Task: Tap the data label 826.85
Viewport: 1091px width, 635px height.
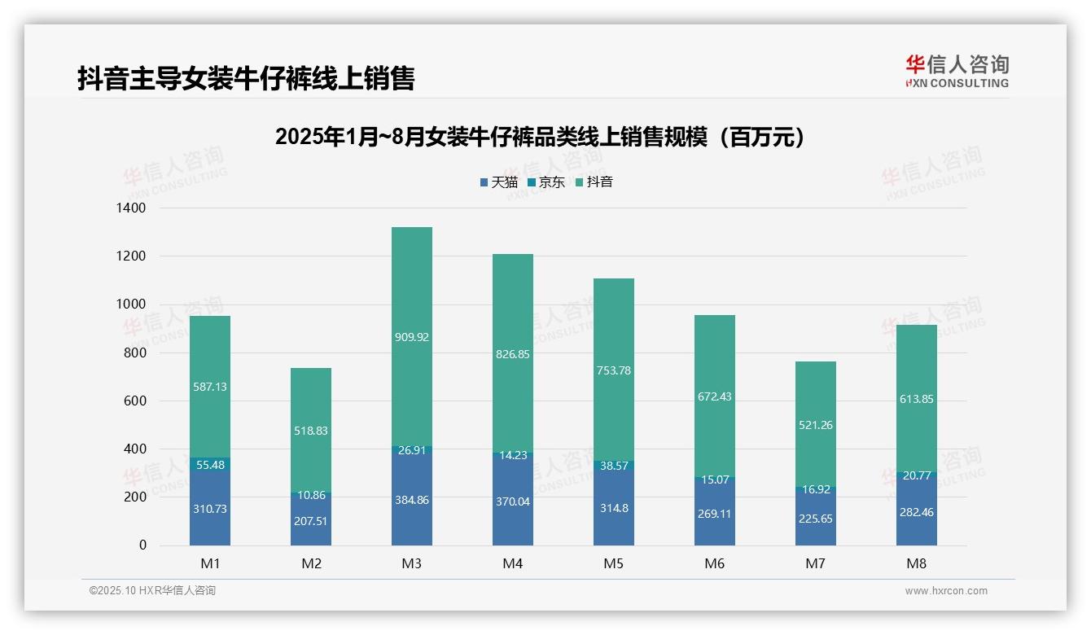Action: point(513,354)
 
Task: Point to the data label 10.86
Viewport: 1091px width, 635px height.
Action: point(311,495)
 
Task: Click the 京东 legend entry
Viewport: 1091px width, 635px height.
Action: point(546,182)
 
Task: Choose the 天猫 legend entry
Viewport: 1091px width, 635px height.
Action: point(499,182)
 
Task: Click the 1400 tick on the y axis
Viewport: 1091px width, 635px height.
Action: point(130,208)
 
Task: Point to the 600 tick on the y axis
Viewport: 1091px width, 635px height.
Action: point(135,401)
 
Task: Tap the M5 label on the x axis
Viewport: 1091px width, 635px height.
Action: point(614,563)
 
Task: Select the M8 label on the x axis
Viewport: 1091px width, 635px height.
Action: point(917,563)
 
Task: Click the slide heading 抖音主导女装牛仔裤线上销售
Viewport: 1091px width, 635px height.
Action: point(246,78)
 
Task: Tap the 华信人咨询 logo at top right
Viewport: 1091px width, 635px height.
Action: point(957,71)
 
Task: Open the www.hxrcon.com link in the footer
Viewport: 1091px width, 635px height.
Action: point(946,591)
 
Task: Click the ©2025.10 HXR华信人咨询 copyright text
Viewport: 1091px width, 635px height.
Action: point(153,591)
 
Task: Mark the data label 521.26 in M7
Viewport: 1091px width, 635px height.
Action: point(816,425)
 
